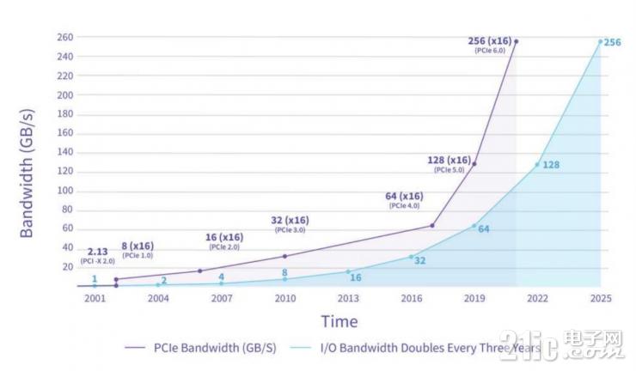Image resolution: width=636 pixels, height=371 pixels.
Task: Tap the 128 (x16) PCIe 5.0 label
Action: tap(449, 163)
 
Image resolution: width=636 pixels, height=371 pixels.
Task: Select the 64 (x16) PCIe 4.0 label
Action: tap(404, 200)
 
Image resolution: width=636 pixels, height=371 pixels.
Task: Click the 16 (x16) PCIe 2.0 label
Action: tap(225, 240)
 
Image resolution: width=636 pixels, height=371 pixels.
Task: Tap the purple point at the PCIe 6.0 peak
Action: tap(516, 41)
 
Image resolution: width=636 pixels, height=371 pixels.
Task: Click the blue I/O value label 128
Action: tap(551, 164)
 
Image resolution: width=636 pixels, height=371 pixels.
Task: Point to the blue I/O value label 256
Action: tap(613, 42)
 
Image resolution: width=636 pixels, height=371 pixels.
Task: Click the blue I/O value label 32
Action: tap(421, 259)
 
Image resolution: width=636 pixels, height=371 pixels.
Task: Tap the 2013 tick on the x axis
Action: tap(348, 298)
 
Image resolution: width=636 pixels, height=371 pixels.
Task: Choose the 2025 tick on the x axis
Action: tap(600, 298)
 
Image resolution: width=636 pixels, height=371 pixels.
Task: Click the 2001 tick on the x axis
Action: tap(95, 298)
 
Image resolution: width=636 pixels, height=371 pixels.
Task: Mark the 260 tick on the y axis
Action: tap(65, 38)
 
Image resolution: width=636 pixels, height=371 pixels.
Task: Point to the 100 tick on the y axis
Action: tap(65, 191)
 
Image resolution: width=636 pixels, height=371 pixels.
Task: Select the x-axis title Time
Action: tap(339, 321)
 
